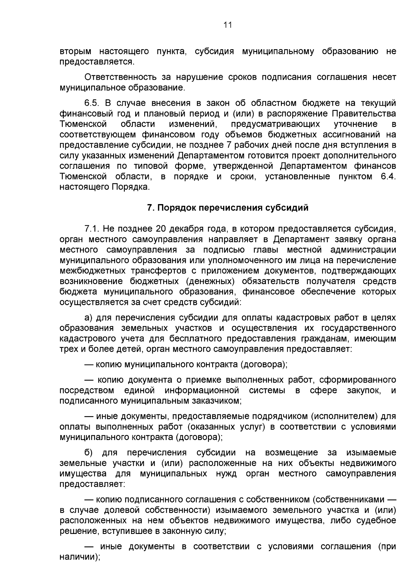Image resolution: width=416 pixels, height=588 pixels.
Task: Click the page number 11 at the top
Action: click(227, 25)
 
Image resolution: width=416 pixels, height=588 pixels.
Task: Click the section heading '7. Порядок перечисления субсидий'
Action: click(227, 208)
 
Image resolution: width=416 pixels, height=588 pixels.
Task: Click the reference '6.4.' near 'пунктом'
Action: click(388, 177)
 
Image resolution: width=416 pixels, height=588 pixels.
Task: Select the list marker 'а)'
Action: click(89, 318)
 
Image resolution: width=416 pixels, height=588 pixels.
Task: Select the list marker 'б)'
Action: click(89, 453)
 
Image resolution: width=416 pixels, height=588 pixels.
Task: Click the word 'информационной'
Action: click(202, 390)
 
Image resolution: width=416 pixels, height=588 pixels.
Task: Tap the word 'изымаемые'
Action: click(371, 453)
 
